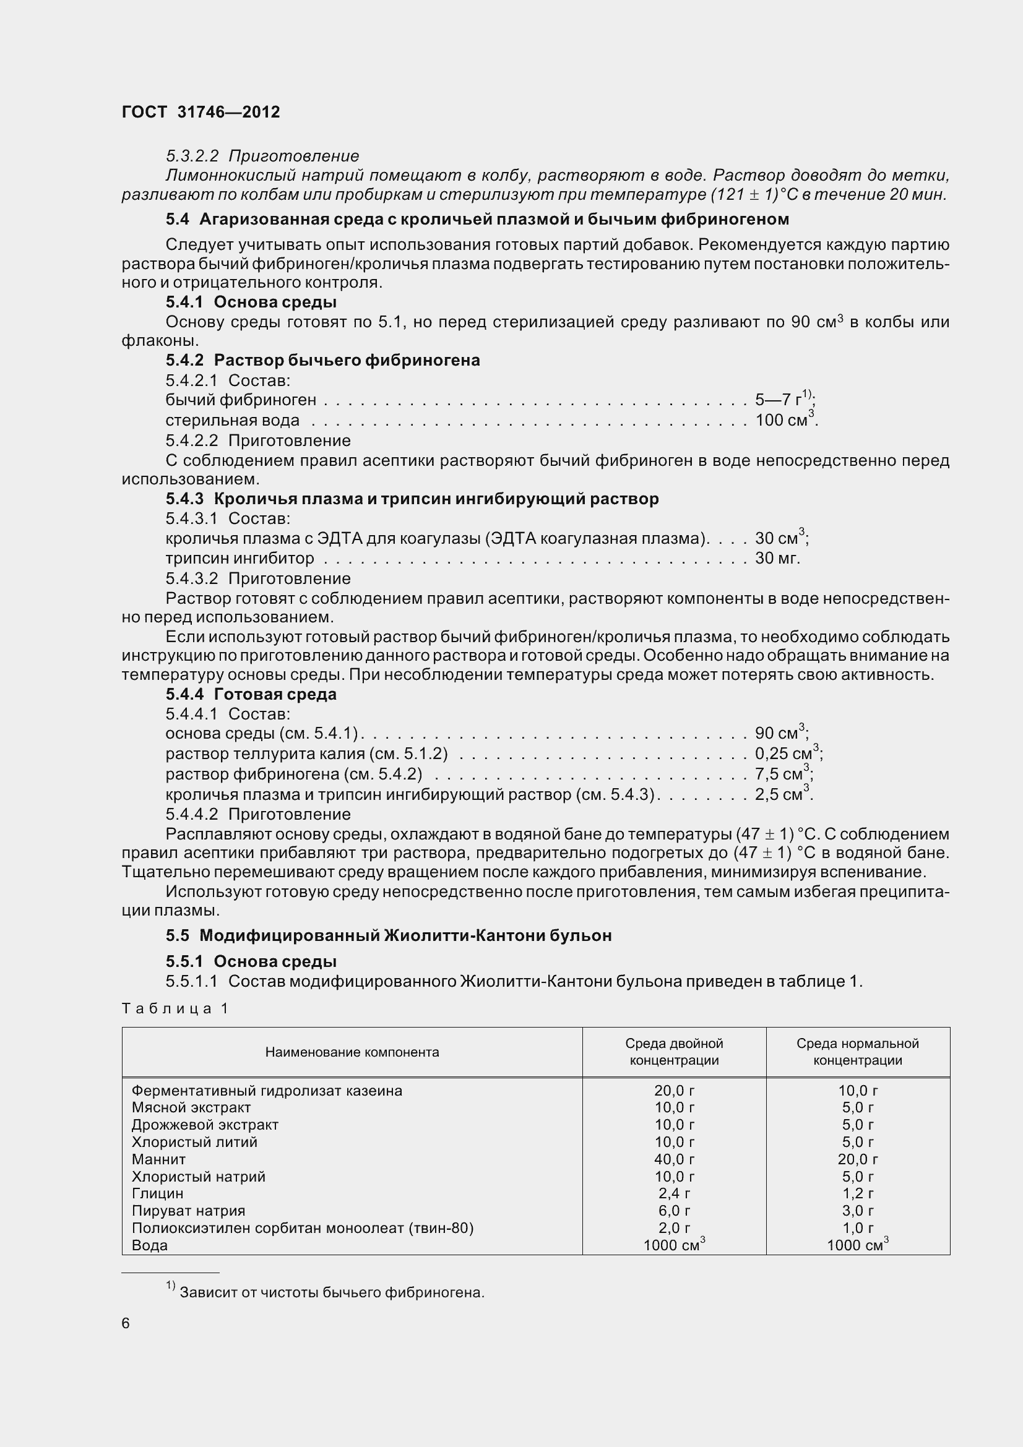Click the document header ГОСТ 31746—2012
point(201,112)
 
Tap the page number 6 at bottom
point(126,1323)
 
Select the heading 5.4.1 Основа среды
point(251,302)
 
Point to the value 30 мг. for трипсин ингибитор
point(777,558)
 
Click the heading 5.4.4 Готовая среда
point(251,694)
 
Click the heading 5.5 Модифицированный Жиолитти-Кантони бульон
point(388,935)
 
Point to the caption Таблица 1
point(175,1008)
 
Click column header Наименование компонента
point(352,1052)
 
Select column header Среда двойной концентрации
point(674,1052)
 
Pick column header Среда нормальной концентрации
point(857,1052)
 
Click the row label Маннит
point(159,1159)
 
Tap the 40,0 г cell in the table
point(674,1159)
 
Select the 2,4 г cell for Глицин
point(674,1193)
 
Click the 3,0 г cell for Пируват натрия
point(857,1210)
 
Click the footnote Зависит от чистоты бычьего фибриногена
point(332,1292)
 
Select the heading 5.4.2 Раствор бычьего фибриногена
point(322,360)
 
